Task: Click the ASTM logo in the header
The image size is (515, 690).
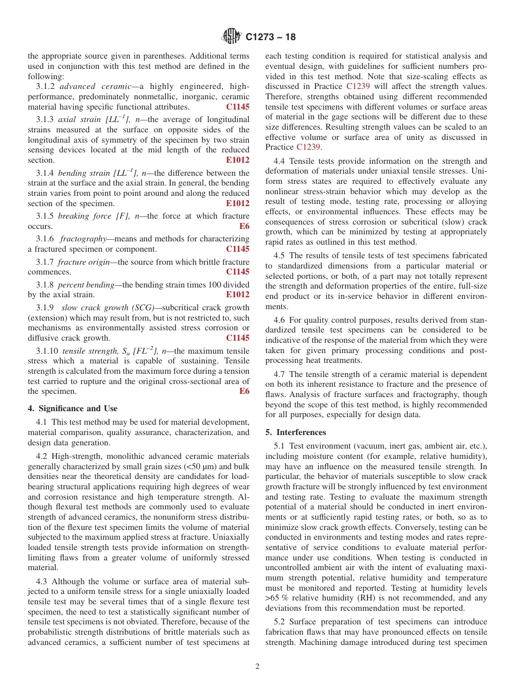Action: click(232, 37)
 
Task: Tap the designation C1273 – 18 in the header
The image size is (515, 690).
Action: click(271, 37)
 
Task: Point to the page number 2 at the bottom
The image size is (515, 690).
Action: click(257, 667)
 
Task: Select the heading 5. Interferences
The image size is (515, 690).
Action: click(296, 432)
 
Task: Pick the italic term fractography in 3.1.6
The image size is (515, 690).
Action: click(82, 239)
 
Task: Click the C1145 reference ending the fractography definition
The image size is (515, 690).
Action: click(237, 249)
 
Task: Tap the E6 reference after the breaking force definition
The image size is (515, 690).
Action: click(244, 226)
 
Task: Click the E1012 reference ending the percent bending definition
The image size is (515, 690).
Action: click(237, 295)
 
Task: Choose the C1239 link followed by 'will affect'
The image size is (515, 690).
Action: click(356, 86)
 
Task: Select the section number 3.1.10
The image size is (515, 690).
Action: click(47, 350)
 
